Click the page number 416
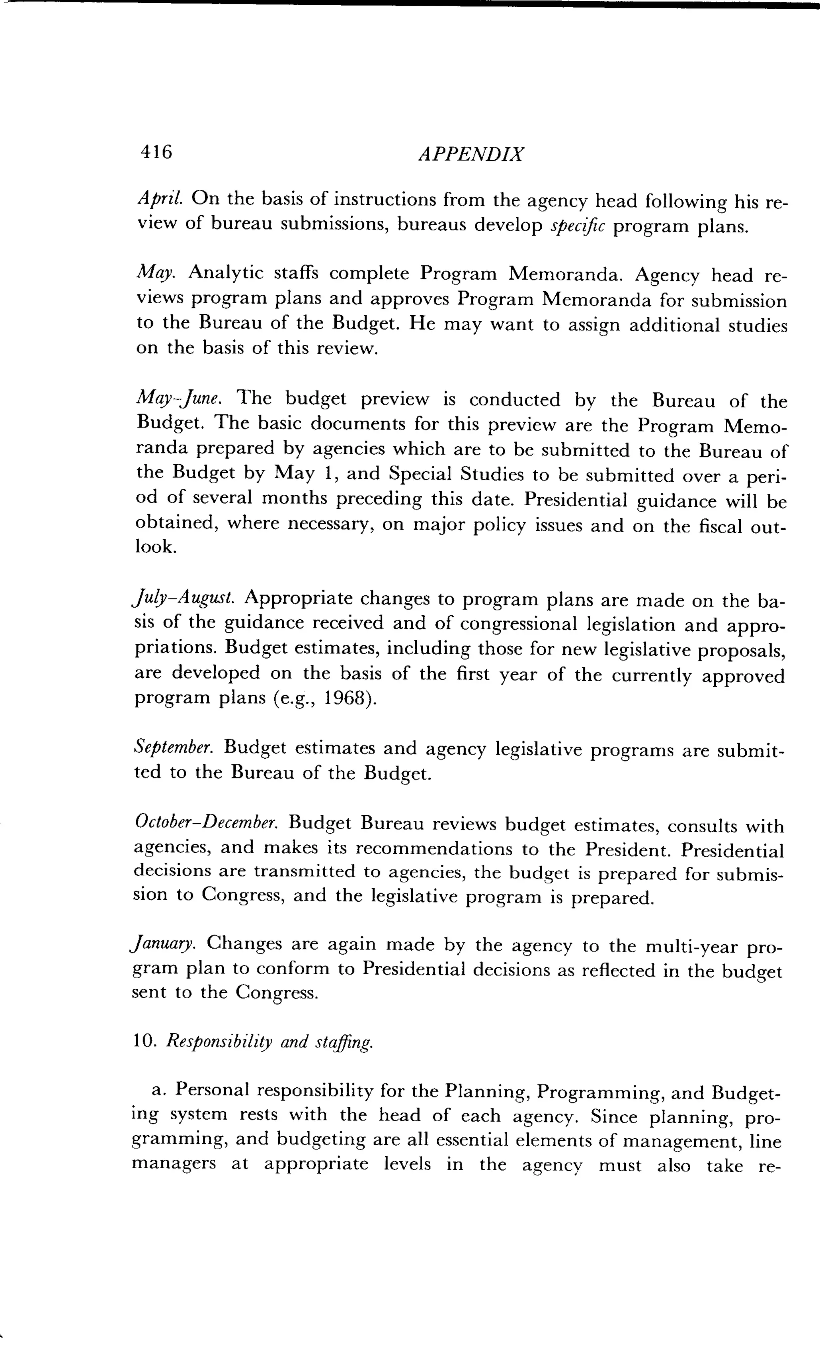pos(157,151)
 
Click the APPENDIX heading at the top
pos(470,155)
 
